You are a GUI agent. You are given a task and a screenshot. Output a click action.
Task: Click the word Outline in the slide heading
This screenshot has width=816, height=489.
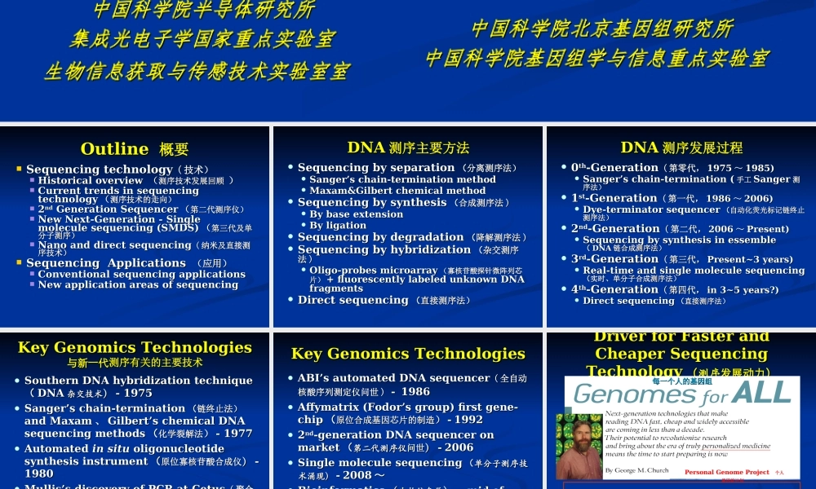click(114, 148)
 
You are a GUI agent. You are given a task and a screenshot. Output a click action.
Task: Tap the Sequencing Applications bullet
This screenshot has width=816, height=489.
click(106, 263)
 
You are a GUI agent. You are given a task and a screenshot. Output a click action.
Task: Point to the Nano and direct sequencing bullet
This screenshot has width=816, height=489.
click(114, 244)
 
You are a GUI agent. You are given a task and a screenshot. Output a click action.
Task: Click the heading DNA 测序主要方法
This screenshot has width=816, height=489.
click(408, 148)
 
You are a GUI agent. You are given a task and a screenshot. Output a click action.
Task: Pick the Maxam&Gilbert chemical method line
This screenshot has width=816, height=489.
click(397, 191)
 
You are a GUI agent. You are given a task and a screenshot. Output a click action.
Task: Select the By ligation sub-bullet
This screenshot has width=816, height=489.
click(338, 226)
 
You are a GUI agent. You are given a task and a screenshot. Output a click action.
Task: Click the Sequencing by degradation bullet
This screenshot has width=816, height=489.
click(380, 237)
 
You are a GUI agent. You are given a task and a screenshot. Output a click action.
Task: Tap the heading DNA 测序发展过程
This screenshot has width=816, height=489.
click(681, 148)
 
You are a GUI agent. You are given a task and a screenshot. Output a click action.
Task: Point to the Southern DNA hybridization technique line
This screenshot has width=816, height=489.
click(138, 381)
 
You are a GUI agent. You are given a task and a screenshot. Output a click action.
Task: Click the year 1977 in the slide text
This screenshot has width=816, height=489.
click(237, 434)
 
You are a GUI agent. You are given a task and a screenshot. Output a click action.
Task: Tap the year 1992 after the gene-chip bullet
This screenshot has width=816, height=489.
click(468, 419)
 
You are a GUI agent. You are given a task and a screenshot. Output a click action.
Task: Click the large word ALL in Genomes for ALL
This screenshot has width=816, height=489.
click(761, 393)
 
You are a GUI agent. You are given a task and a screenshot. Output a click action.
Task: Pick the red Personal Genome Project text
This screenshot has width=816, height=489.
click(726, 473)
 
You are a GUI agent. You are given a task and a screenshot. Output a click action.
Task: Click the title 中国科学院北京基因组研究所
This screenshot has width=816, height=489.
click(602, 29)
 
